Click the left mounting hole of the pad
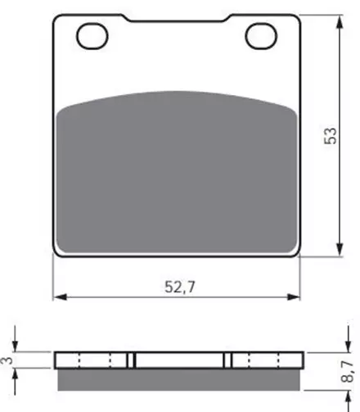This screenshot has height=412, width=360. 92,36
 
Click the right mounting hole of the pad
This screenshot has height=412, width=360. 261,36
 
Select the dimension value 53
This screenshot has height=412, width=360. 331,136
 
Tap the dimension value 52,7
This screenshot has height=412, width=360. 180,287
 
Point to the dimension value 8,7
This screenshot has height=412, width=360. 348,371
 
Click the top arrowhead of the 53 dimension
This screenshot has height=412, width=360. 340,22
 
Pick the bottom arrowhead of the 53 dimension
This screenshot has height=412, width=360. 340,249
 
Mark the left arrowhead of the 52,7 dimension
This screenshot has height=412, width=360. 60,297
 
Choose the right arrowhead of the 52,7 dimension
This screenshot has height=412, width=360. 293,297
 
